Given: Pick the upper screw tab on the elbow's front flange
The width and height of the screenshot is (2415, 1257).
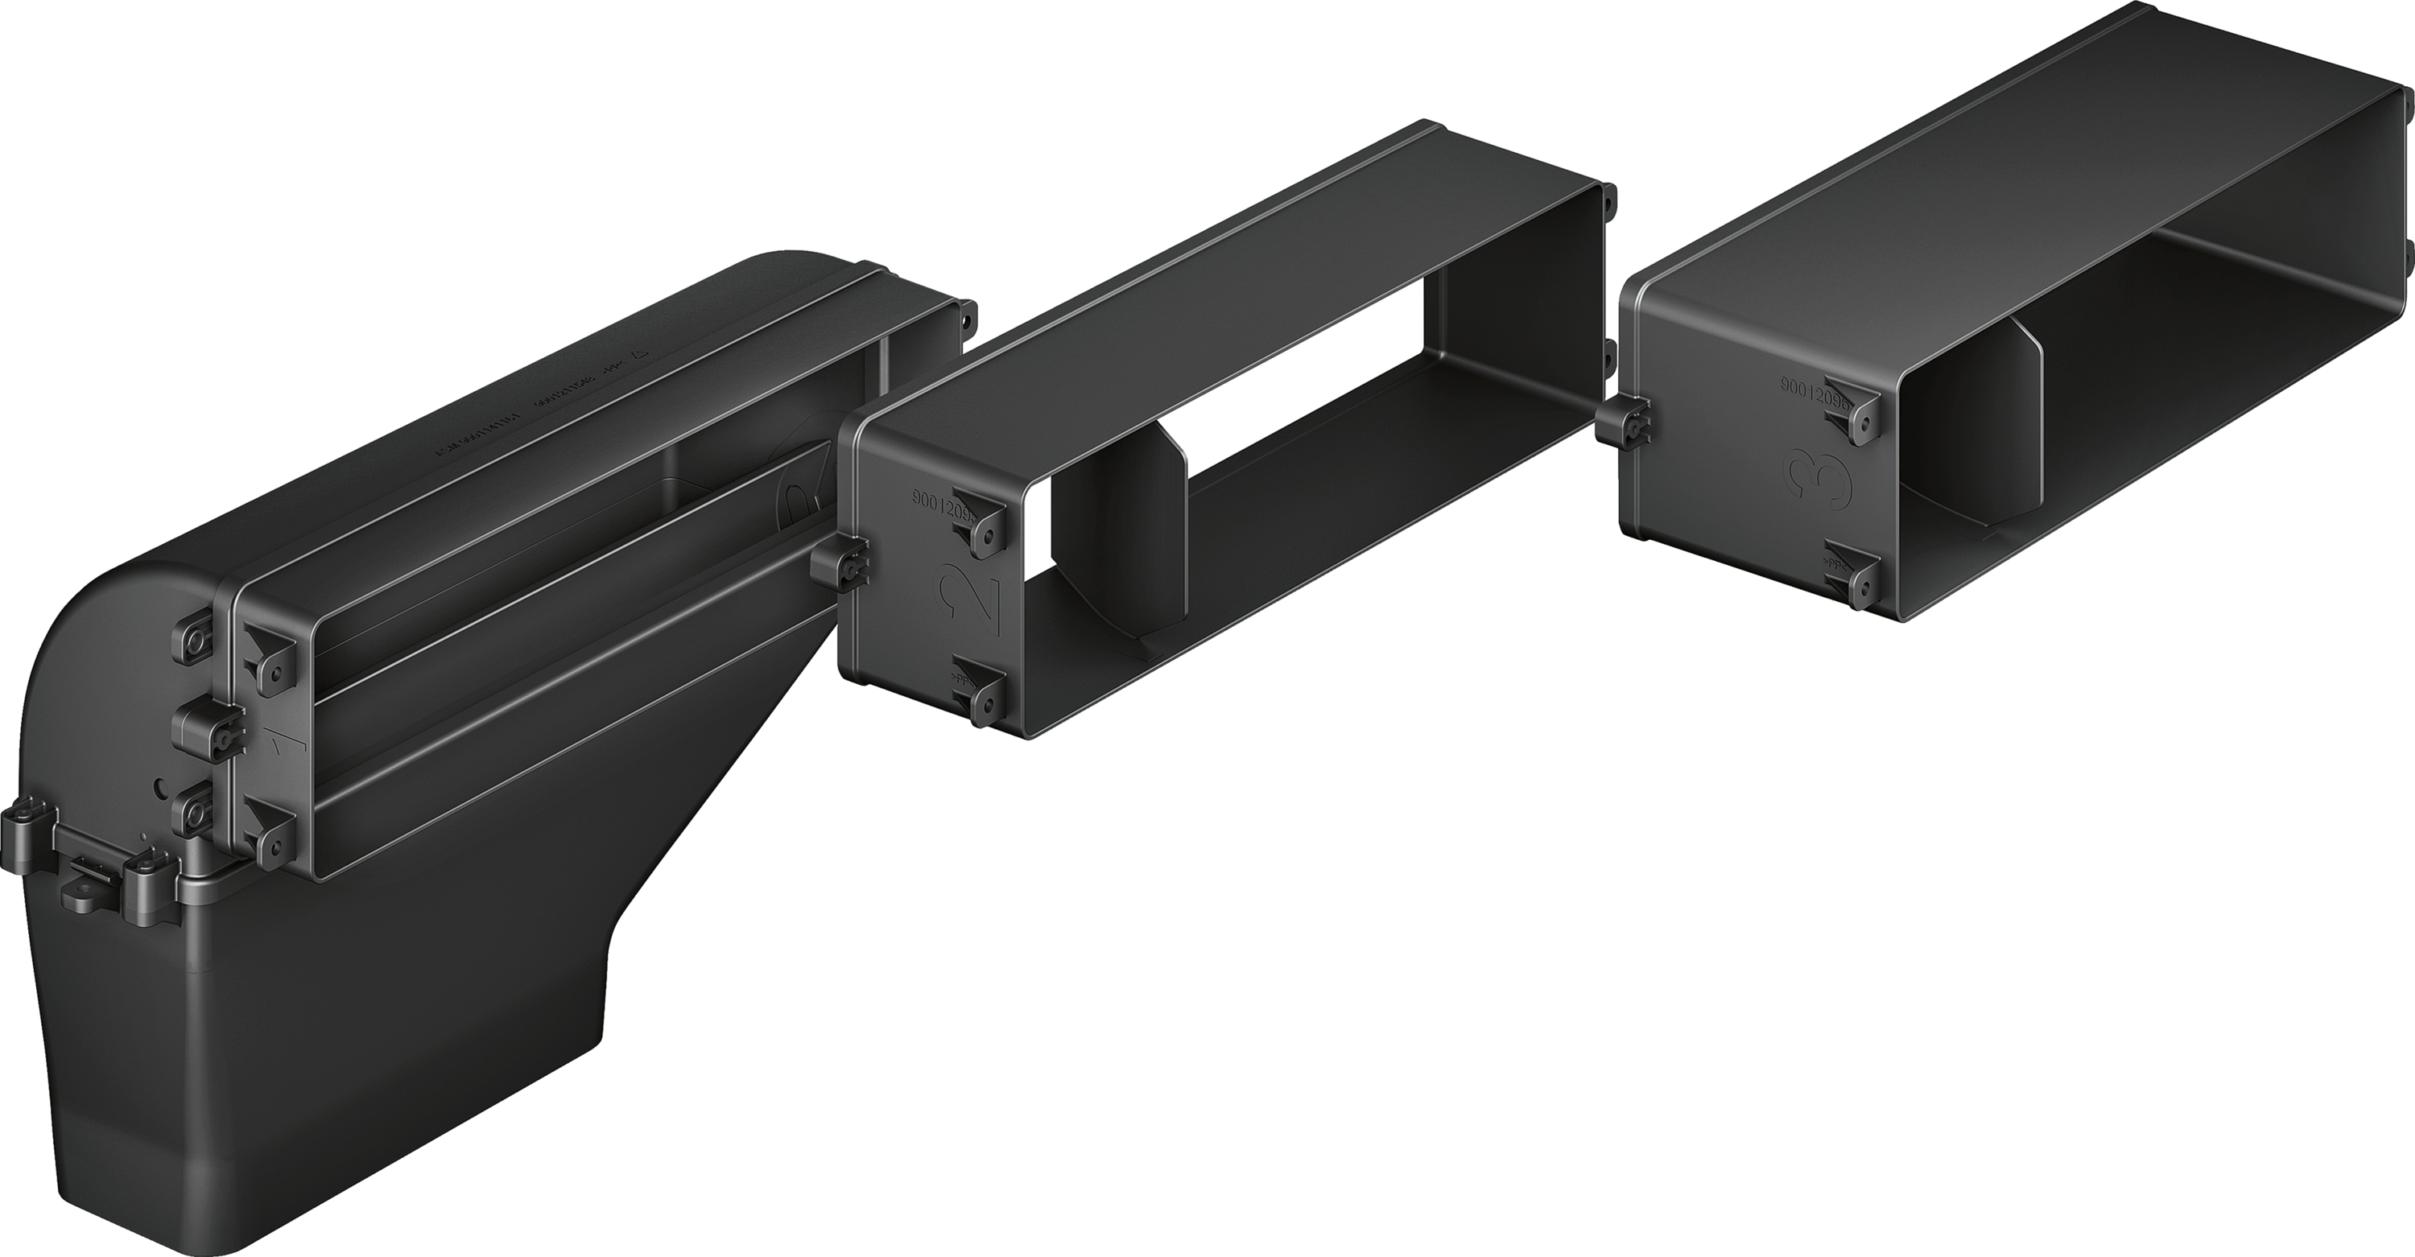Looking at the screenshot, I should (267, 660).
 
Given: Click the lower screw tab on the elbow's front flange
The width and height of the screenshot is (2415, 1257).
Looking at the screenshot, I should (267, 835).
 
